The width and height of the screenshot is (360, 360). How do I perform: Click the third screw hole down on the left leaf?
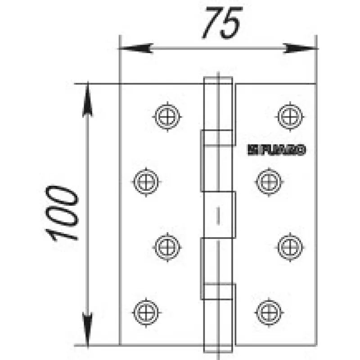168,246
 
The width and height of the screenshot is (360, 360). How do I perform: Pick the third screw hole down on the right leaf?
288,246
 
